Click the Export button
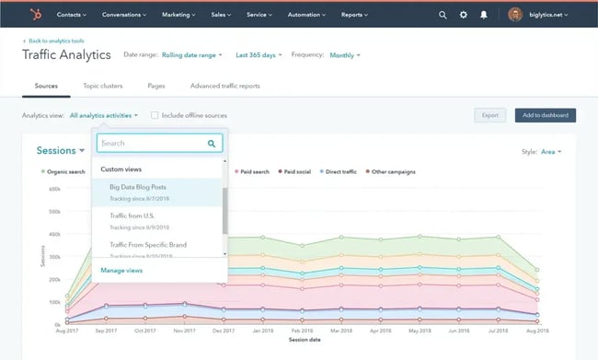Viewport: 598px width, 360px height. point(490,115)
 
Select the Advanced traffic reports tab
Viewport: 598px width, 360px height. point(225,86)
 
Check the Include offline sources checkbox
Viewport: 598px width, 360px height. point(155,115)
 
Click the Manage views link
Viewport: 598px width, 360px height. point(121,271)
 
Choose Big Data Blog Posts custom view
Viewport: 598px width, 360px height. point(138,187)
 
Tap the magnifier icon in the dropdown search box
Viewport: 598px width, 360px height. point(213,144)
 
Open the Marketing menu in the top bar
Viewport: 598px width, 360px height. point(179,15)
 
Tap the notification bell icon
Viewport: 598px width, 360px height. point(484,15)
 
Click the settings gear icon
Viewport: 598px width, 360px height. point(464,15)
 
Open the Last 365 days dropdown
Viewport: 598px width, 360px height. point(259,55)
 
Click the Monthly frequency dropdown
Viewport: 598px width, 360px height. point(344,55)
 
